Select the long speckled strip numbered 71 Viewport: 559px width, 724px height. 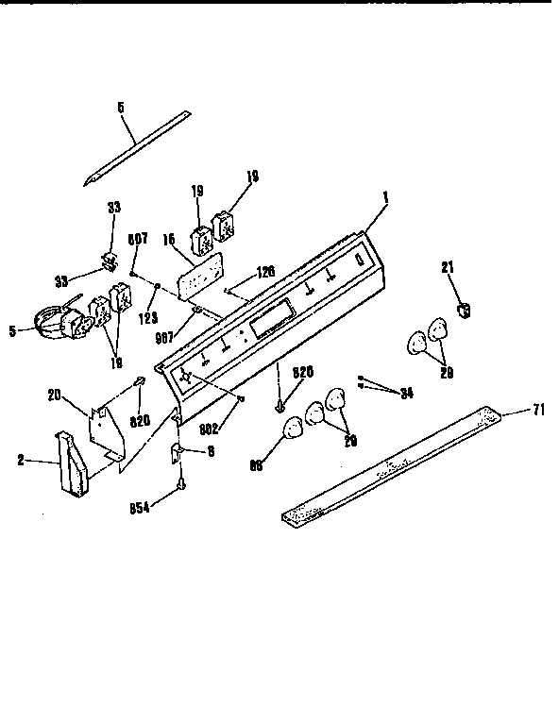[x=397, y=463]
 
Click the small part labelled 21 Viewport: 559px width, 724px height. [x=464, y=308]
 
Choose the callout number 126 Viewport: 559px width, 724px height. [x=265, y=271]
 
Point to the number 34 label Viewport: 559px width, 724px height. [x=406, y=394]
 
